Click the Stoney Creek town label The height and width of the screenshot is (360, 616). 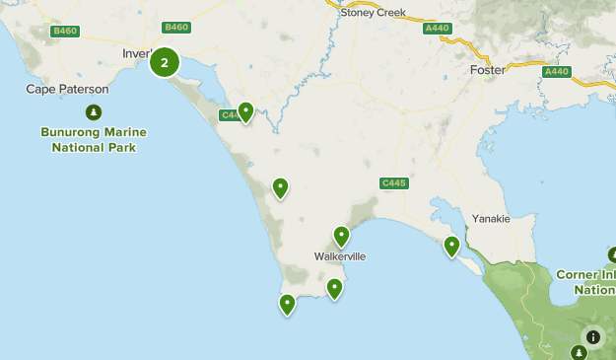click(x=372, y=12)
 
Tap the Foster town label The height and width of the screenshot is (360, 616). click(x=487, y=70)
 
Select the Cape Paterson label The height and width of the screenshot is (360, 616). click(x=67, y=89)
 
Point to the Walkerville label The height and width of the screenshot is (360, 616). click(x=340, y=256)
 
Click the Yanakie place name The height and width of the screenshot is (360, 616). click(x=491, y=219)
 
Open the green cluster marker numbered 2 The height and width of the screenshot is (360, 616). click(x=165, y=64)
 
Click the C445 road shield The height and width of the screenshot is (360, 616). click(x=393, y=183)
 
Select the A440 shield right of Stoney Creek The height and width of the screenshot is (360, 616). click(x=437, y=29)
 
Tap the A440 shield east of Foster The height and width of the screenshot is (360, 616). click(x=557, y=71)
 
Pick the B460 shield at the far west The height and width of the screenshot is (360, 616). click(x=65, y=32)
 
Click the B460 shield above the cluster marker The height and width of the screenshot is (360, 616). click(x=177, y=28)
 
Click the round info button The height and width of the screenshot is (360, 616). click(x=592, y=336)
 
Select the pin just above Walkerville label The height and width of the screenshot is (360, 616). click(x=341, y=236)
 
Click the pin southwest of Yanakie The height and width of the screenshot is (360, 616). click(x=452, y=246)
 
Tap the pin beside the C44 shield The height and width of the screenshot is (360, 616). click(x=245, y=111)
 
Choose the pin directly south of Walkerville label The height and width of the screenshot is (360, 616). click(x=334, y=288)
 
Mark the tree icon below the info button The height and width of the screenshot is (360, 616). click(x=580, y=353)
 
